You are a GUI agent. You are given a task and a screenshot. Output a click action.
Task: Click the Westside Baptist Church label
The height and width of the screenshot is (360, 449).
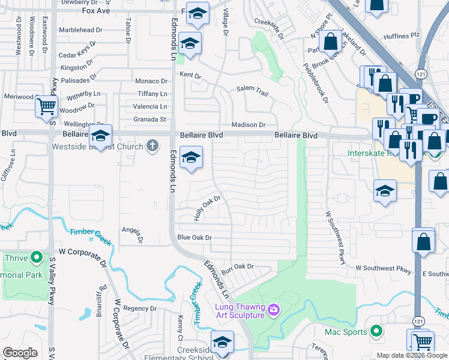point(97,146)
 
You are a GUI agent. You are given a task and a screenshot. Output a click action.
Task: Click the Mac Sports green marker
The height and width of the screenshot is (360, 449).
point(376,331)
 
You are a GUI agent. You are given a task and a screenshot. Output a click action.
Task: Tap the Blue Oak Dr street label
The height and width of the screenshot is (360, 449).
point(194,238)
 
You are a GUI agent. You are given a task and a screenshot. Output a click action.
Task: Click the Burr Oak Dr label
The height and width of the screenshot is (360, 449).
point(238,268)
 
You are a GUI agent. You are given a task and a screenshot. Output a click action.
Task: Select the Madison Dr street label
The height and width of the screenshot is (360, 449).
point(249,124)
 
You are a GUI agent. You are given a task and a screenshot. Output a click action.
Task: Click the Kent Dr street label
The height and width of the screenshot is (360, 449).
point(190,76)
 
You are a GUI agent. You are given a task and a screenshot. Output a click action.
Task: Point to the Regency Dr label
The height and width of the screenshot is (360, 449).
point(139,308)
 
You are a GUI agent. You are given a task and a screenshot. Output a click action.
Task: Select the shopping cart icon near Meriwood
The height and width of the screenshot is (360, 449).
point(46,107)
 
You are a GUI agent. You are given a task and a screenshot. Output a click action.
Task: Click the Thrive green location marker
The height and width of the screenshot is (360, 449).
point(37,259)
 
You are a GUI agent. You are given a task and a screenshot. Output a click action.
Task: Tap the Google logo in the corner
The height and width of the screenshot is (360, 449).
point(20,353)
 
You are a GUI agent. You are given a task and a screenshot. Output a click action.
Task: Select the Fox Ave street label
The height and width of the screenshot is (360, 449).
point(96,11)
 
